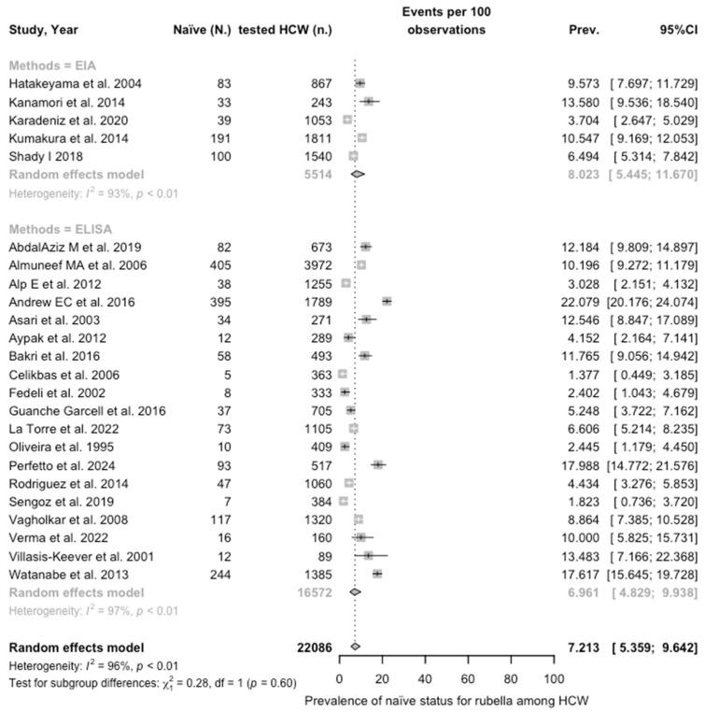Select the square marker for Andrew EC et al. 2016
(x=387, y=276)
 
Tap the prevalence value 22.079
(x=591, y=276)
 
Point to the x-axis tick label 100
(x=554, y=677)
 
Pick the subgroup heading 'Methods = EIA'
(x=51, y=66)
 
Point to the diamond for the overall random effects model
(x=355, y=647)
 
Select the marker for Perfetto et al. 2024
(x=377, y=463)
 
